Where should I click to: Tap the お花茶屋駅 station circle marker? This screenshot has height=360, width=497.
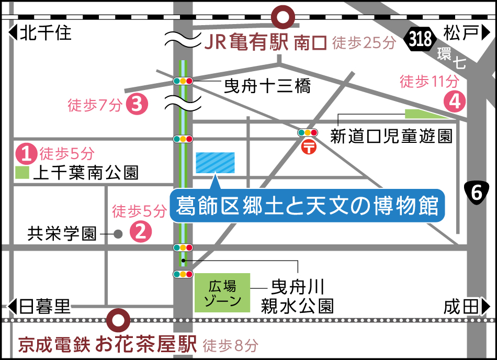pyautogui.click(x=118, y=319)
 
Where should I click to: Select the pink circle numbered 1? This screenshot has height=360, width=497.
pyautogui.click(x=26, y=153)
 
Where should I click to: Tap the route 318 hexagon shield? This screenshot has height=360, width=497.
pyautogui.click(x=420, y=39)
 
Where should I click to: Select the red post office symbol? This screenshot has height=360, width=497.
pyautogui.click(x=309, y=148)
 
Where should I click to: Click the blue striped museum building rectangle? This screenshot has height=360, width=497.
pyautogui.click(x=214, y=163)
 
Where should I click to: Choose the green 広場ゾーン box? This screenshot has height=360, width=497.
pyautogui.click(x=222, y=292)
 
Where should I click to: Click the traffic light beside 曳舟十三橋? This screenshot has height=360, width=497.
pyautogui.click(x=183, y=81)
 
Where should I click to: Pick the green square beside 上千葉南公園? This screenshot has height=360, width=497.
pyautogui.click(x=21, y=173)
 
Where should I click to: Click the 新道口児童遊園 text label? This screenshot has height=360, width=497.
pyautogui.click(x=391, y=137)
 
